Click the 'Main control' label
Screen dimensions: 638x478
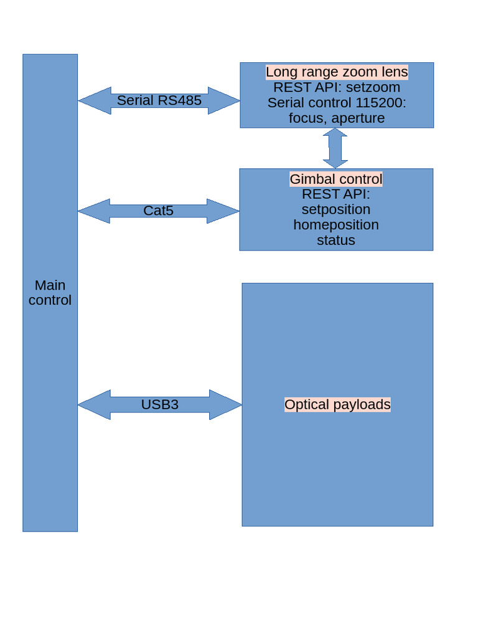point(50,293)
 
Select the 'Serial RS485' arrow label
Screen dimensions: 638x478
point(159,100)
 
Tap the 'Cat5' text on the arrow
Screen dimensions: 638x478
point(158,211)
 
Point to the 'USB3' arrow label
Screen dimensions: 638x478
point(159,404)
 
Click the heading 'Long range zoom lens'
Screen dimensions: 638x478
point(337,72)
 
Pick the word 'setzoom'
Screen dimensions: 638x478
point(373,87)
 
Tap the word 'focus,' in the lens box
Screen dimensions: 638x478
point(307,118)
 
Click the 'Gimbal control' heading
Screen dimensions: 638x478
point(336,179)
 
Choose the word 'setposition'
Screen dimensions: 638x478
point(336,209)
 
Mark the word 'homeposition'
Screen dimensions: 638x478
point(336,224)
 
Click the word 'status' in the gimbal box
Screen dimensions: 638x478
point(336,240)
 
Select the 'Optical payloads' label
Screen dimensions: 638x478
point(337,404)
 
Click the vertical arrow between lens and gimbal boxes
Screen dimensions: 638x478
point(335,148)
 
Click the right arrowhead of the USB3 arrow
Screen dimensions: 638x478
point(227,405)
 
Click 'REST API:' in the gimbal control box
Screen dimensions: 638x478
point(336,194)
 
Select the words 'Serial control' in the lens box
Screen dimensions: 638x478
point(308,103)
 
